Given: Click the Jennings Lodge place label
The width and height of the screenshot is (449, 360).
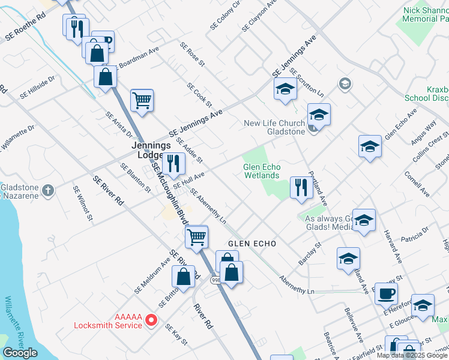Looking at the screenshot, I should pos(152,150).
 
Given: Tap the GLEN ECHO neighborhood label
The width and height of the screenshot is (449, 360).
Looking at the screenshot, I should pos(252,244).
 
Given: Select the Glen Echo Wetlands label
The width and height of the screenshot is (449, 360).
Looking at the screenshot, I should pos(261,171).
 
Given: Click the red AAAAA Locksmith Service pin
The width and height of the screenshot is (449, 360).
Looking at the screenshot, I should pos(152,320).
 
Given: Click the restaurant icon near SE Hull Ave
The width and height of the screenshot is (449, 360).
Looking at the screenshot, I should pos(173,163).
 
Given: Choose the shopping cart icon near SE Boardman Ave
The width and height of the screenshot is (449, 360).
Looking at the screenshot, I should pos(142,100).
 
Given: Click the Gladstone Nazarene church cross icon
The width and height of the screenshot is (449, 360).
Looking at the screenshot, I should pos(49,190).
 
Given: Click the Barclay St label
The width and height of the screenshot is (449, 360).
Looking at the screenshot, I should pos(310,254).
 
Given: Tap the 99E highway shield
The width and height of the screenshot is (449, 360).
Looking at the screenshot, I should pos(214,280).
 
